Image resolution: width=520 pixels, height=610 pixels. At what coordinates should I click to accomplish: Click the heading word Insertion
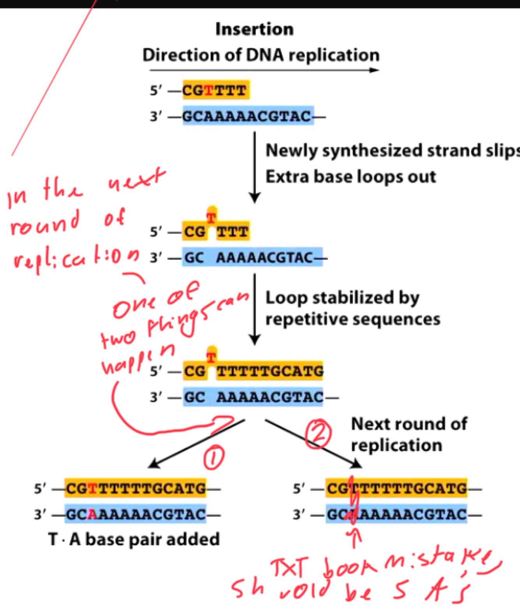point(254,29)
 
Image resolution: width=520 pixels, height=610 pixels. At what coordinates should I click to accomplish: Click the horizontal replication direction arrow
point(264,70)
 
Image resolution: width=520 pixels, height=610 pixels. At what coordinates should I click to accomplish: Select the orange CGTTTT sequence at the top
point(215,90)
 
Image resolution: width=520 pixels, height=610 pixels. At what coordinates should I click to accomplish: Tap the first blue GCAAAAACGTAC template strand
point(248,116)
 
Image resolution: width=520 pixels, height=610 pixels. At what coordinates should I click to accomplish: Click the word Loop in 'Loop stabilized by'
point(286,298)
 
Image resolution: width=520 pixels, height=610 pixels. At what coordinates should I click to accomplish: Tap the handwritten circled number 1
point(214,457)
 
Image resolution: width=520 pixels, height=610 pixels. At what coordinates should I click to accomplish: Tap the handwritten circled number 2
point(318,434)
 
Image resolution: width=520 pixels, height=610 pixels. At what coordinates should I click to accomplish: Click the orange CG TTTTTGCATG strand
point(253,371)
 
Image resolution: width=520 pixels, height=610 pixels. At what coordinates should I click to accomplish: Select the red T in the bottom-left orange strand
point(92,488)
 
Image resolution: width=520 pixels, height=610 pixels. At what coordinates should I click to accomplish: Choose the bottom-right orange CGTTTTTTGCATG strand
point(396,488)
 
